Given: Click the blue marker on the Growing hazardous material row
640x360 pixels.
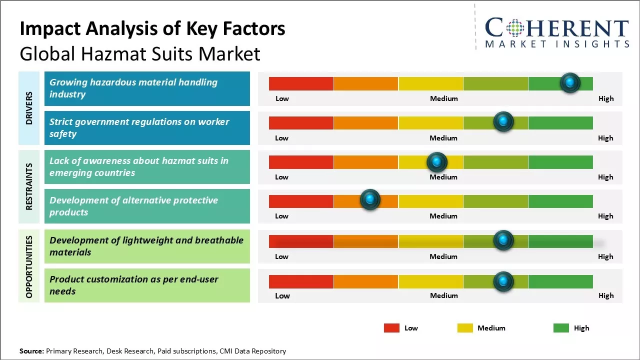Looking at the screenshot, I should tap(570, 82).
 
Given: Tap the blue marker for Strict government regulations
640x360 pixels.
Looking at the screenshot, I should tap(503, 121).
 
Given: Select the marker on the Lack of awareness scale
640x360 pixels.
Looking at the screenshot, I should tap(437, 161).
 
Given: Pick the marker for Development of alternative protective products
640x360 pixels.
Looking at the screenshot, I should tap(370, 200).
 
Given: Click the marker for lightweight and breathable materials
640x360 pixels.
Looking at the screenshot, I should tap(503, 240).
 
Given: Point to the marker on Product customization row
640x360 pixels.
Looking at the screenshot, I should tap(503, 281).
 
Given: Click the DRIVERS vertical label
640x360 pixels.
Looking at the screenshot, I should tap(29, 108).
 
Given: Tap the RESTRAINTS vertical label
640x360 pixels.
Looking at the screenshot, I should tap(29, 186).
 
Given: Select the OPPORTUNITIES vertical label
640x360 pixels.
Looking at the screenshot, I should tap(29, 266).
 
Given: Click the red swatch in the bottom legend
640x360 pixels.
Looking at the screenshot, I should tap(391, 328).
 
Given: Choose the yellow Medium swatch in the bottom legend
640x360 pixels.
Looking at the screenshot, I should tap(465, 328).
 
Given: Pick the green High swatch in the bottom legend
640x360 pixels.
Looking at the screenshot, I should tap(561, 328).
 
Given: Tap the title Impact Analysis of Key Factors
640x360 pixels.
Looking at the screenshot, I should tap(152, 28).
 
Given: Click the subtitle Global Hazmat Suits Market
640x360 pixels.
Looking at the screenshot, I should tap(140, 53).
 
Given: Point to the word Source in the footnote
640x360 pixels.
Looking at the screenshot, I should tap(31, 351).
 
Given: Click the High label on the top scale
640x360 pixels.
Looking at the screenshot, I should tap(605, 98).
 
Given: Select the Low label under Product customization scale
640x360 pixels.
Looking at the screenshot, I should tap(282, 295).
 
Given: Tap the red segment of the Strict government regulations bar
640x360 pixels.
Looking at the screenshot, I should tap(301, 122).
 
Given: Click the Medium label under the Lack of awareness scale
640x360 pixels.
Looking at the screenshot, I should tap(443, 177).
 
